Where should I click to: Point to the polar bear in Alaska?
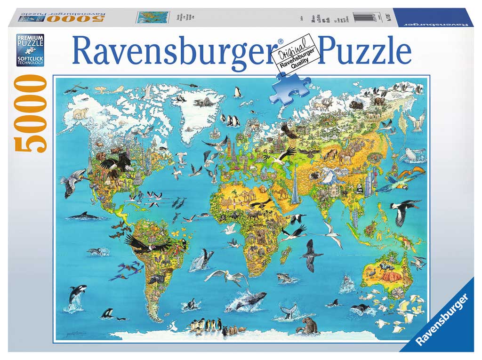pos(80,113)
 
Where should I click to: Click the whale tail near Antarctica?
pos(288,311)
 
